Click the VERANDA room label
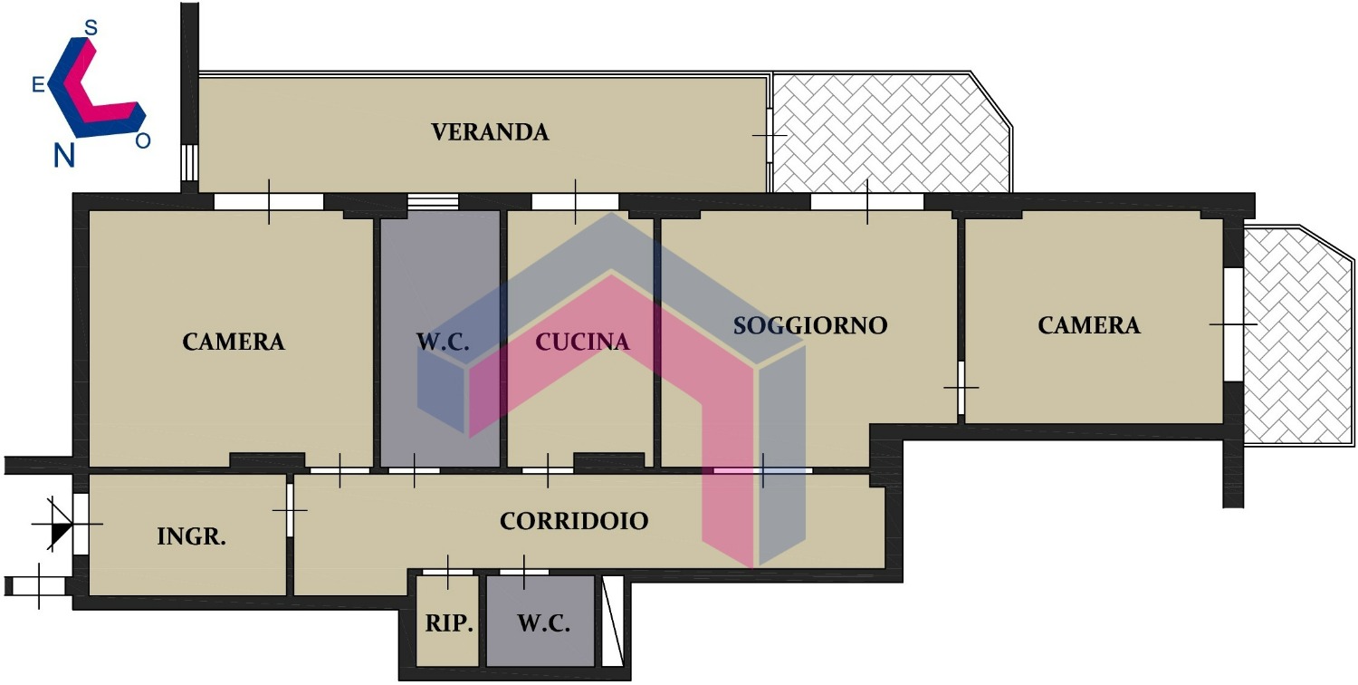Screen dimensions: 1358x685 [490, 132]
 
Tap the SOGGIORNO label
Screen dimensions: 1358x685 [810, 326]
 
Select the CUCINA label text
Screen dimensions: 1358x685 [582, 342]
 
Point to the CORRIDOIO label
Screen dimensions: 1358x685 [573, 521]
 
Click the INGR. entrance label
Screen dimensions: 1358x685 [192, 536]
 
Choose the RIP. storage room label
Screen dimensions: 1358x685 [449, 623]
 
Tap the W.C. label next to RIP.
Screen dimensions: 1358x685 [544, 623]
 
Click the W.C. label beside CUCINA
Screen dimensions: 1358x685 [443, 342]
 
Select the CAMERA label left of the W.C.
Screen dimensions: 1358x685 [234, 342]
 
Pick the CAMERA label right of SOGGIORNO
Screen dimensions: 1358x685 [1089, 326]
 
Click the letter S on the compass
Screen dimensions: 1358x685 [91, 28]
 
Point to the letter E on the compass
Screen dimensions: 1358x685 [38, 85]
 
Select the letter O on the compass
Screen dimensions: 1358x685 [142, 140]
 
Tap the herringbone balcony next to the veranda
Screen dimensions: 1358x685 [890, 132]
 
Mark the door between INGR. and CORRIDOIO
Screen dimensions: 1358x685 [290, 510]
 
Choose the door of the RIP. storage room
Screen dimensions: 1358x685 [447, 572]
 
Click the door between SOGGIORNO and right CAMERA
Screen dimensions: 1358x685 [961, 388]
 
